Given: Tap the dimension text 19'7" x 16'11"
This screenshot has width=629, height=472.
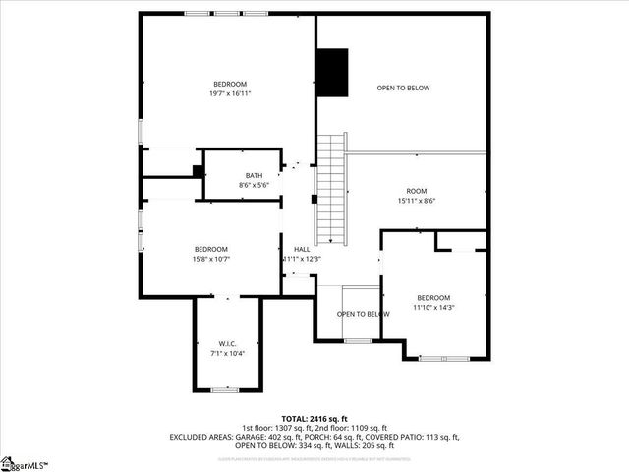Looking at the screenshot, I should click(230, 94).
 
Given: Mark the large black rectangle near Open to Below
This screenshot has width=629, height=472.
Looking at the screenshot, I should click(332, 72).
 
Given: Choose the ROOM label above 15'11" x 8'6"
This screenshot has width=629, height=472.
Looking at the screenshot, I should click(417, 190).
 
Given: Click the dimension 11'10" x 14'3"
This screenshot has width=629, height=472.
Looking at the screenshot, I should click(432, 307).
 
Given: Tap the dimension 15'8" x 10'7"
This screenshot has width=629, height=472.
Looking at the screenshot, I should click(210, 259).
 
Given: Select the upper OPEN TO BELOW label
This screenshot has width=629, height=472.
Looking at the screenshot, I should click(403, 88).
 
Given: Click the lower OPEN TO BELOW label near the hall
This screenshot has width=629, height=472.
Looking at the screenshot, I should click(363, 314).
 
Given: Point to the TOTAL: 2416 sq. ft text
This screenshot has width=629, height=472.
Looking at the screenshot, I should click(314, 419).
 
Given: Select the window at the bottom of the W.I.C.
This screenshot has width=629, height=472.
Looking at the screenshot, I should click(226, 390).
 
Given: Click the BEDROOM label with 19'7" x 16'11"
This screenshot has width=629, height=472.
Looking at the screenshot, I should click(230, 84).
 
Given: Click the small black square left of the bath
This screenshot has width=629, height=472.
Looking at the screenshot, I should click(198, 170).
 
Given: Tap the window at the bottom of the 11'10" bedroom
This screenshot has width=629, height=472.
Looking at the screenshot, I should click(443, 358).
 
